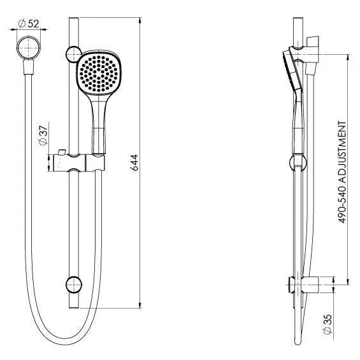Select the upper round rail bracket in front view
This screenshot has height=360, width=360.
point(73,54)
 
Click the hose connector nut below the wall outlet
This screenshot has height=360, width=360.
point(26,64)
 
